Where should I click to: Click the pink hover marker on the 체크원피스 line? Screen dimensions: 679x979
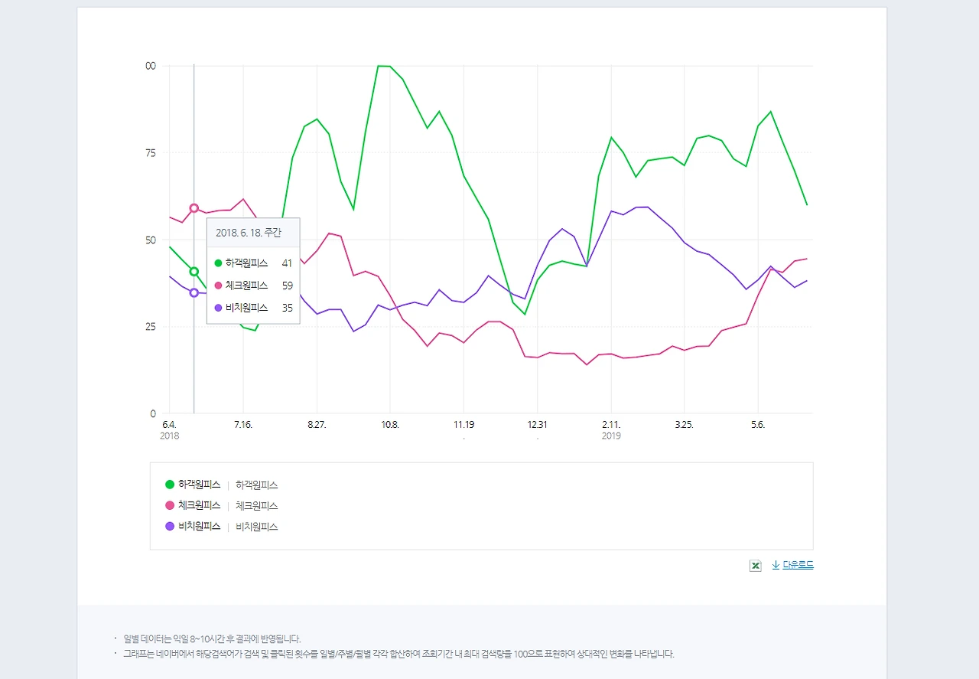[194, 208]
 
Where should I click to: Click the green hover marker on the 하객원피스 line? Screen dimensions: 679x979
[194, 272]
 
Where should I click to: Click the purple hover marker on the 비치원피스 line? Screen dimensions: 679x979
[194, 292]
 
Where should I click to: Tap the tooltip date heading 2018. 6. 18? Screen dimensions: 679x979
[248, 233]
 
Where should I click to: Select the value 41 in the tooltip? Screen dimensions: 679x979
[287, 263]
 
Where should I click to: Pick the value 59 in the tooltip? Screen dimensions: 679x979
[287, 286]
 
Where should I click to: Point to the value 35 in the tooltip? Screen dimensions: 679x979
[287, 308]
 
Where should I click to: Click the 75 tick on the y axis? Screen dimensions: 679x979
[151, 153]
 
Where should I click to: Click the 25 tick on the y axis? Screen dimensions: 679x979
[151, 327]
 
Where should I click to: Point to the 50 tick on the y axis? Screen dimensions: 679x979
[151, 240]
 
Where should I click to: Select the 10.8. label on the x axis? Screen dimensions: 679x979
[390, 425]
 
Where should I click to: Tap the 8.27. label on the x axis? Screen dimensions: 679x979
[317, 425]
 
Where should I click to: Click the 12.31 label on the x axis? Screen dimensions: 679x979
[537, 425]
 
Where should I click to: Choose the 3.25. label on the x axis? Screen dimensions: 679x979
[684, 425]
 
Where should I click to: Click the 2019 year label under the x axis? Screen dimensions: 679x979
[611, 436]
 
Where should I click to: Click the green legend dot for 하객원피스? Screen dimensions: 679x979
[170, 485]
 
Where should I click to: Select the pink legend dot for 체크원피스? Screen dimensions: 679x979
[170, 505]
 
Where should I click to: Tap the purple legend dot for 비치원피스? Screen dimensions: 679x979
[170, 526]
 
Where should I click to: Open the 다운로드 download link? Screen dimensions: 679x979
[798, 565]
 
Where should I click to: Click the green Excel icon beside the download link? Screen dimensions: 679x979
[756, 566]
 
